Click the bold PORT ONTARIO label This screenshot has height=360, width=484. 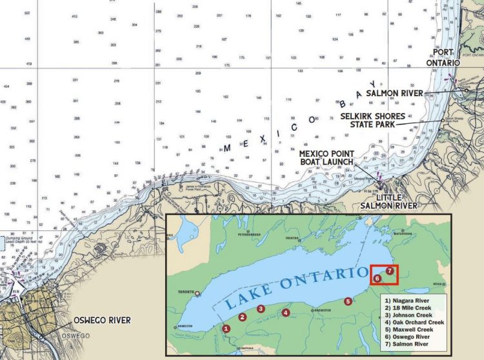[x=443, y=57]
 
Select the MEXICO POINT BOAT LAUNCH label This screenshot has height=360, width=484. [x=325, y=157]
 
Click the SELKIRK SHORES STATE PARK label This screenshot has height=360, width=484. [x=369, y=121]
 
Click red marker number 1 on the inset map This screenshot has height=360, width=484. [x=226, y=328]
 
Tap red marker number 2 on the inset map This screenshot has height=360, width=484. [x=242, y=317]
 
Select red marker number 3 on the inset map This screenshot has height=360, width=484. [x=260, y=308]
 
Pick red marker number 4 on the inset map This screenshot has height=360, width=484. [x=286, y=313]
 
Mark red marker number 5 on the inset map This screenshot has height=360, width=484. [x=348, y=301]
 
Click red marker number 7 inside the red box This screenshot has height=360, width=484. [x=389, y=271]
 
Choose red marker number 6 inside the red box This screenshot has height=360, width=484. [x=378, y=278]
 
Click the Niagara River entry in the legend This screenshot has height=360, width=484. [x=405, y=301]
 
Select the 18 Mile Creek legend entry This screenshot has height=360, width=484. [x=405, y=308]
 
